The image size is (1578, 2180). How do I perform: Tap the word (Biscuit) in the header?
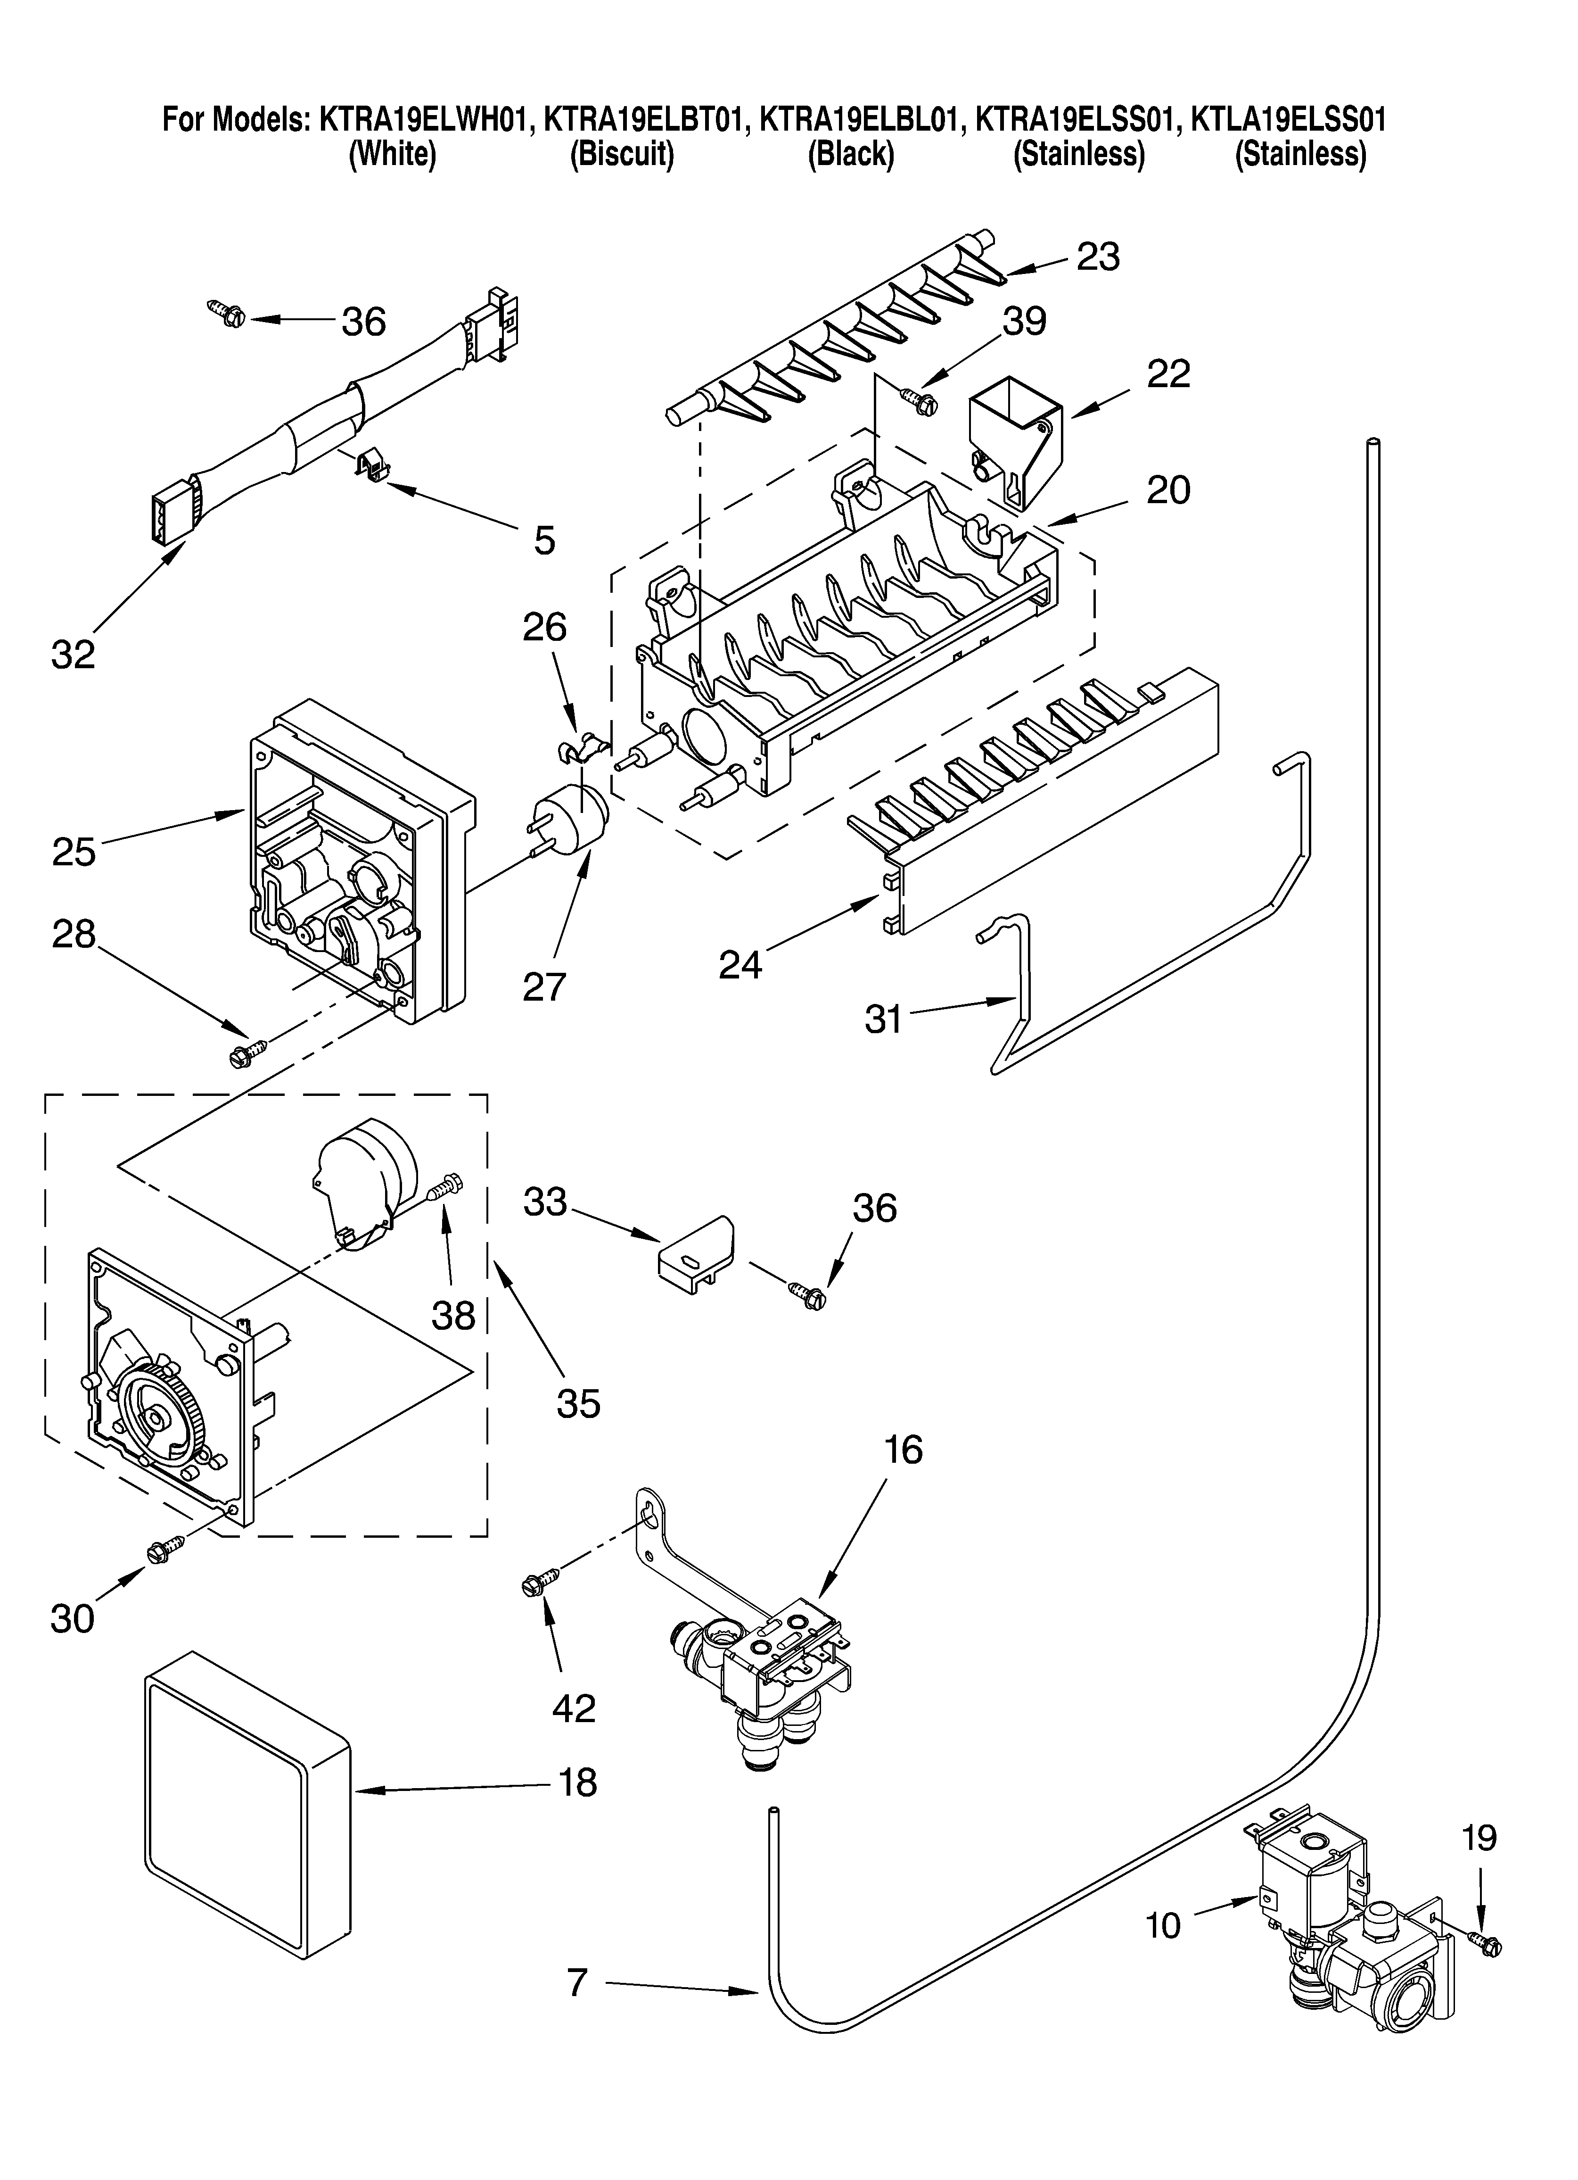(x=622, y=154)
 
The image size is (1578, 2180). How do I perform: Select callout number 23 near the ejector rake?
(x=1098, y=257)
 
